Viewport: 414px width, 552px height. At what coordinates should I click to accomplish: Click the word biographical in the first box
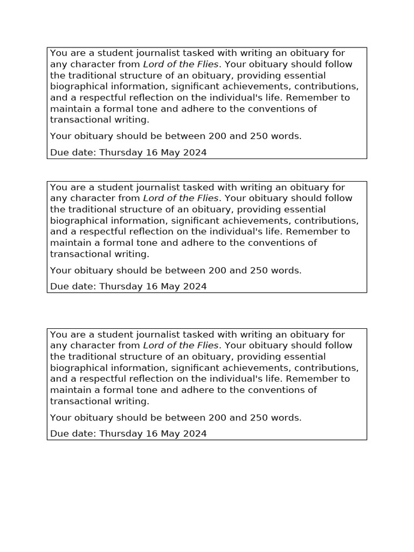76,86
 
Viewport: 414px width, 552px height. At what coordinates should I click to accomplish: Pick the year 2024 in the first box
195,152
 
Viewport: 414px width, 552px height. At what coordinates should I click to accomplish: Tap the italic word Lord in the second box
154,198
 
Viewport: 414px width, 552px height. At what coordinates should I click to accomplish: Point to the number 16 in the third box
151,433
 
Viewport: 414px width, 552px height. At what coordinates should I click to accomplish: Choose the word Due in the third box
59,433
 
